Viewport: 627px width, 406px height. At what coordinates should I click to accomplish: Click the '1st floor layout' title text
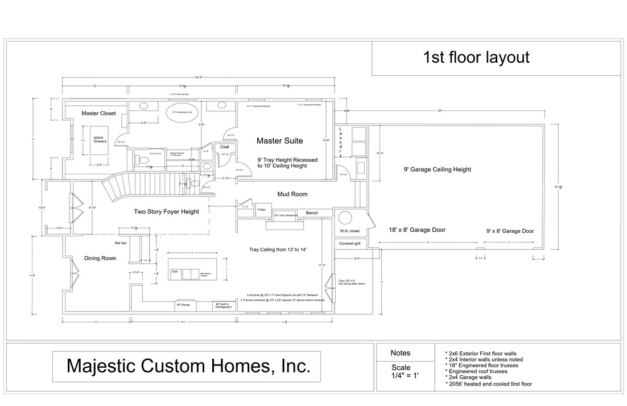[x=476, y=58]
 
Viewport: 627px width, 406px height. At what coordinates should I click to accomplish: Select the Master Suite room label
[x=279, y=141]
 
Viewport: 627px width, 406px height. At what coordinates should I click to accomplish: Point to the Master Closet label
[x=98, y=113]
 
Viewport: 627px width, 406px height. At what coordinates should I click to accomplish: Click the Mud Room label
[x=292, y=194]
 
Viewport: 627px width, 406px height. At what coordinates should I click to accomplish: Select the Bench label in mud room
[x=311, y=213]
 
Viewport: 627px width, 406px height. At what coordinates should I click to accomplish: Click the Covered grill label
[x=350, y=243]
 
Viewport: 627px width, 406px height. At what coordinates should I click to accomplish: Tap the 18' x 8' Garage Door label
[x=416, y=230]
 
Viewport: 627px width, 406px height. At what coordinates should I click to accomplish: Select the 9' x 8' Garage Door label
[x=510, y=231]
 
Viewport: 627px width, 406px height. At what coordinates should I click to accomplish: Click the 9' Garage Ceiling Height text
[x=437, y=170]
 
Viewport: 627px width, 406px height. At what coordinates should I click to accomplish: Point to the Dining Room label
[x=100, y=259]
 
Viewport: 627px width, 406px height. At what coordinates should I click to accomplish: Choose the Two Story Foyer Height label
[x=166, y=212]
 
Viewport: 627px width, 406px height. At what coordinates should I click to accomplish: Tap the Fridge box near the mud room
[x=261, y=210]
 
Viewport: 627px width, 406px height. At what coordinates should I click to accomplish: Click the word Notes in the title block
[x=400, y=353]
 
